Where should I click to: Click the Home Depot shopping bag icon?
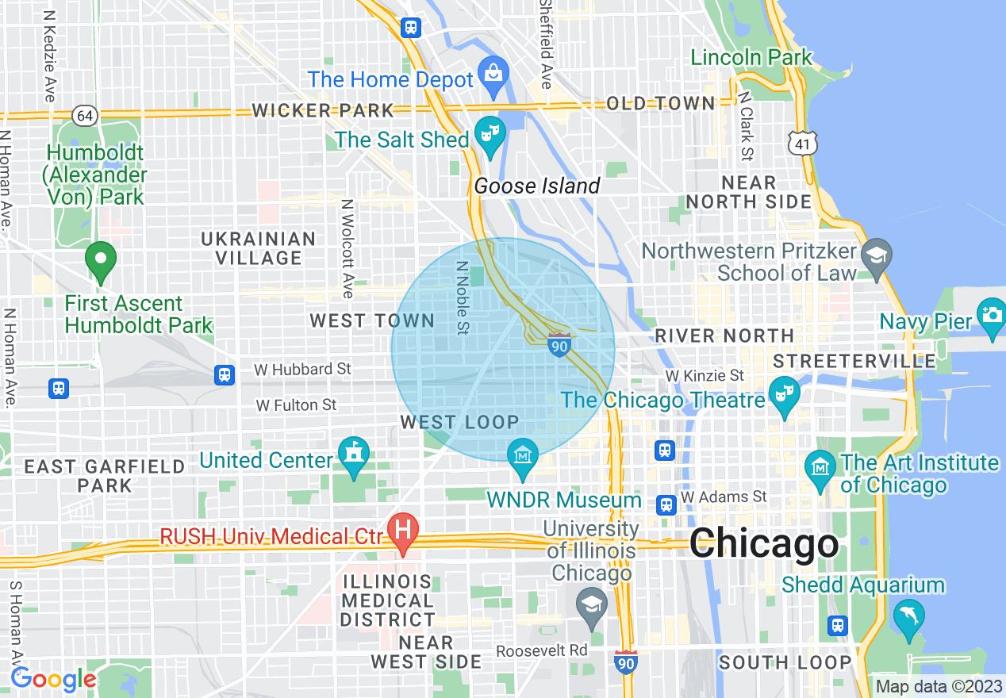(493, 72)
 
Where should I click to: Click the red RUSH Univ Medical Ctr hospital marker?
(403, 530)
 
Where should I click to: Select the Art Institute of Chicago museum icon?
(820, 466)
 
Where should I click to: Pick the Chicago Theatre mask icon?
(784, 393)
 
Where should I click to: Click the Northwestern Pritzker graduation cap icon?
(877, 255)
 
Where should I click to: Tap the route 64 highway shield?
(84, 116)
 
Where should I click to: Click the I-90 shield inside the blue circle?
(559, 345)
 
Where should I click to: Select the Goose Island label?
(537, 186)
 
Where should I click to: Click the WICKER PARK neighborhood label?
(323, 110)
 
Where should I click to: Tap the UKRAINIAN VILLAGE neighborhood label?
(259, 248)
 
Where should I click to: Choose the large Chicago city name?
(763, 545)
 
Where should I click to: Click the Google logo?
(53, 679)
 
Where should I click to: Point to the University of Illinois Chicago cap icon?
(591, 604)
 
